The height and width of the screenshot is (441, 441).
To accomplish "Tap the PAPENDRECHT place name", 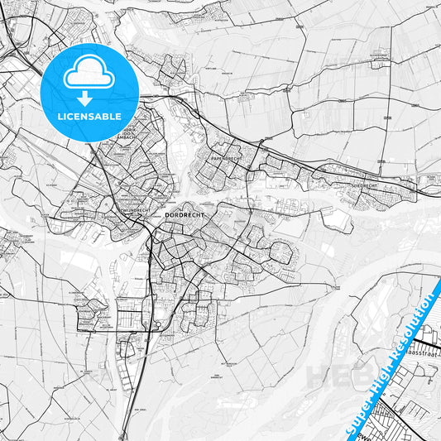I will coord(224,158).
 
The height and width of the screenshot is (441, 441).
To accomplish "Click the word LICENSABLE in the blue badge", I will coord(89,117).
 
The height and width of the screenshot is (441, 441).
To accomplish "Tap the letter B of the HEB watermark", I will coord(362,377).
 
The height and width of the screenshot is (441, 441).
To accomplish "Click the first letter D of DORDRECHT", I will coord(168,214).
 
